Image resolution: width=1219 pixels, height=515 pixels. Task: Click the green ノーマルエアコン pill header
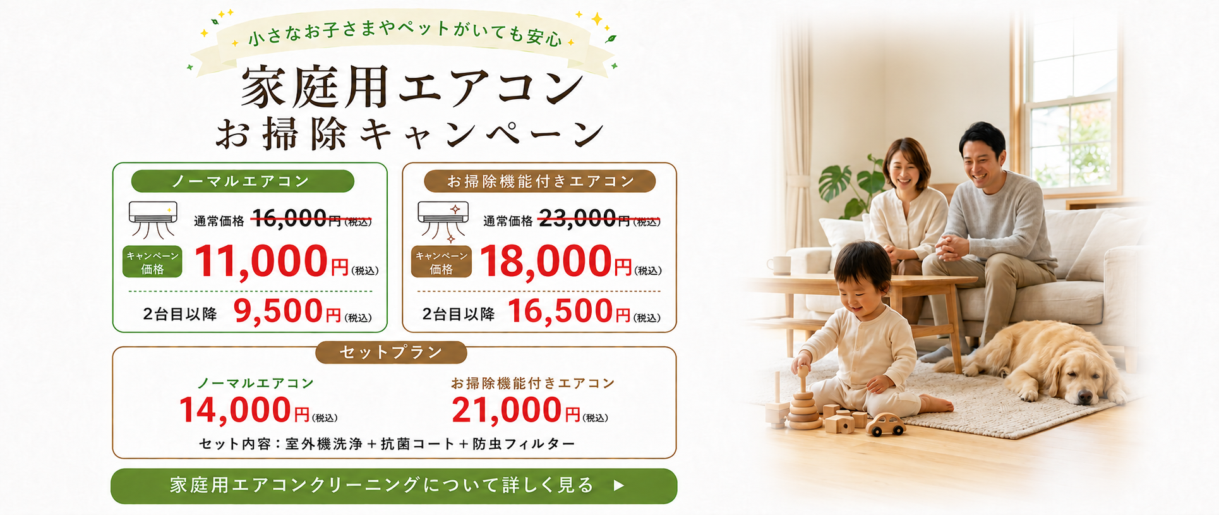click(x=243, y=181)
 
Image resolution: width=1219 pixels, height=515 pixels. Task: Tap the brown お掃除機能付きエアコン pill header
click(x=540, y=181)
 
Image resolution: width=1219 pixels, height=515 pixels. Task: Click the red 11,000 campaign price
click(x=261, y=261)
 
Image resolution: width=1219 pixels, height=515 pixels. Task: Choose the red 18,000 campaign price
click(x=546, y=261)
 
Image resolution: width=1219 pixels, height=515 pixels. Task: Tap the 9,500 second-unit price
click(x=279, y=311)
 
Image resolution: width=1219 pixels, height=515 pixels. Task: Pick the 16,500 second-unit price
click(x=560, y=311)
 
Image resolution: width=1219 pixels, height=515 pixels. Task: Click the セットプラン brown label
click(x=391, y=353)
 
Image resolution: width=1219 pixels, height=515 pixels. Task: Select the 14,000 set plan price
click(x=235, y=410)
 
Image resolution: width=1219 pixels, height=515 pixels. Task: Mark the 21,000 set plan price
click(x=507, y=410)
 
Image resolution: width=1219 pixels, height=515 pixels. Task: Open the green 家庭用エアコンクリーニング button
click(x=394, y=486)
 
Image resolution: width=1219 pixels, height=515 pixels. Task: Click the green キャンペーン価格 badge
click(x=152, y=262)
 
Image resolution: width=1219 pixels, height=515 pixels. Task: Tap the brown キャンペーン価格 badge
click(x=441, y=262)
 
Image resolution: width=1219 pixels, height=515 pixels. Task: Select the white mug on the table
click(x=780, y=265)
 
